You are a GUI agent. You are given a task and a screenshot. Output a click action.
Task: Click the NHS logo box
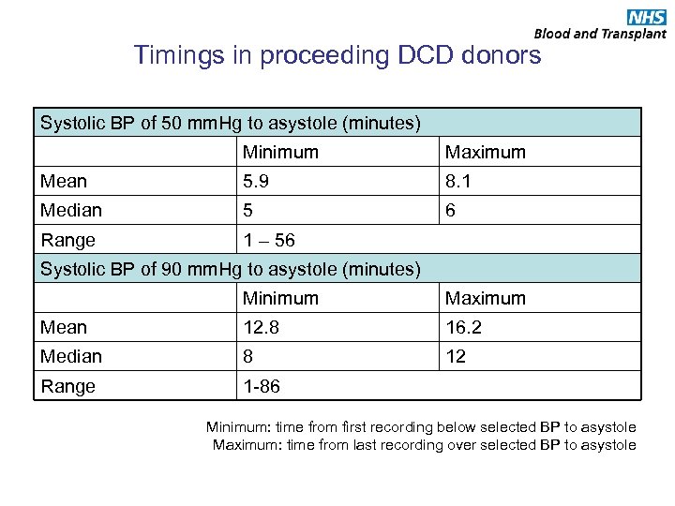[x=646, y=16]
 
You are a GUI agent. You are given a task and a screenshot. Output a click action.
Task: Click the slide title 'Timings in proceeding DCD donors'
[x=337, y=55]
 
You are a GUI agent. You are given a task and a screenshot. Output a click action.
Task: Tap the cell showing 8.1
[x=459, y=181]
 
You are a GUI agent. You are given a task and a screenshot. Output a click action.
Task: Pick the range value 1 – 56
[x=269, y=240]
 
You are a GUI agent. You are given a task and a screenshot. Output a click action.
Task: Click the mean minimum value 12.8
[x=262, y=327]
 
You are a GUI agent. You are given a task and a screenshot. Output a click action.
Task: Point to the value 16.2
[x=464, y=327]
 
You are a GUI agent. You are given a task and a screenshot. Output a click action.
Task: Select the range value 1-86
[x=262, y=386]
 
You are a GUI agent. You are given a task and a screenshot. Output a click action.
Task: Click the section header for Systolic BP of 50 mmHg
[x=230, y=123]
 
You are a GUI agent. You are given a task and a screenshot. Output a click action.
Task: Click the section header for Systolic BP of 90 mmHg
[x=230, y=269]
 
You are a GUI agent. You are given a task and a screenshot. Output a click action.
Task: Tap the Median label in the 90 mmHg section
[x=70, y=357]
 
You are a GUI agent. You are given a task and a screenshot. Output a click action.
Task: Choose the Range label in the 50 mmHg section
[x=67, y=240]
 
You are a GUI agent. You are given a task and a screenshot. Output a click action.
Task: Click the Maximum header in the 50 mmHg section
[x=485, y=152]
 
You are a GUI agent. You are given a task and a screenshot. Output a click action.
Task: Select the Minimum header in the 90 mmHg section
[x=280, y=298]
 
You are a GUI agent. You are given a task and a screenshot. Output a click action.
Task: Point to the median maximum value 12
[x=456, y=357]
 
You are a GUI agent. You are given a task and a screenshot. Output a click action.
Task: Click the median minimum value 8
[x=248, y=357]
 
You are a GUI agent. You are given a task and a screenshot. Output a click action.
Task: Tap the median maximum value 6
[x=451, y=211]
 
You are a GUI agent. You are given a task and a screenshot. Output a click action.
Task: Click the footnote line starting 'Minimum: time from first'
[x=421, y=427]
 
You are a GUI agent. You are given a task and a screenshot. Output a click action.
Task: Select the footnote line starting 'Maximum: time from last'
[x=424, y=445]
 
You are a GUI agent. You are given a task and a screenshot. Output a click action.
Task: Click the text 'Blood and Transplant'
[x=600, y=34]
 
